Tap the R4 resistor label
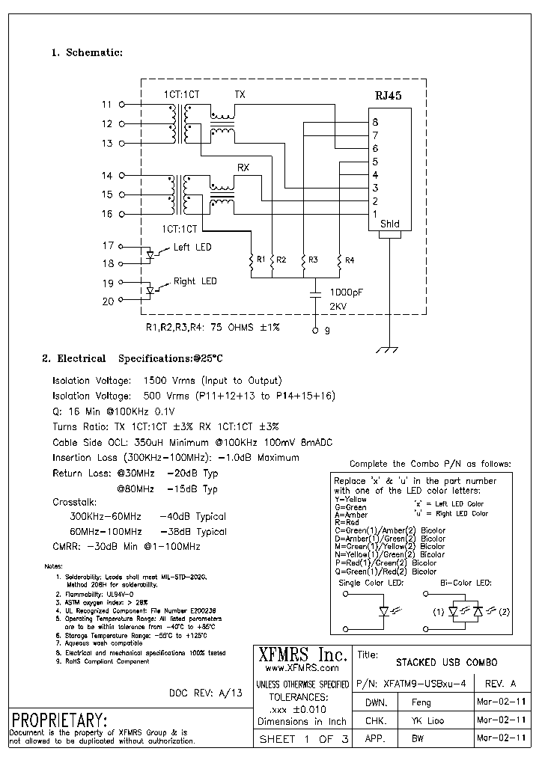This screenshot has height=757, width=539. (350, 260)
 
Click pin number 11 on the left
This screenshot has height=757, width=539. (106, 105)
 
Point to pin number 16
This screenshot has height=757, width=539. (106, 214)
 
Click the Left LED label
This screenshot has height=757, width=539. (192, 247)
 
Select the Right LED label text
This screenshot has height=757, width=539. (195, 281)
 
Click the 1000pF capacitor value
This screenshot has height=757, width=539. (346, 292)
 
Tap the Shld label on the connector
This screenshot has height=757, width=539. (389, 224)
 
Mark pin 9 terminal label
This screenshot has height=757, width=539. (327, 330)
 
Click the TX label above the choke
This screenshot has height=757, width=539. (240, 95)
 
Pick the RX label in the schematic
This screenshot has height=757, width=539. (243, 168)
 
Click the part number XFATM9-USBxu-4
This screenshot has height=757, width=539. (424, 683)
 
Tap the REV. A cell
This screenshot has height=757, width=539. (500, 683)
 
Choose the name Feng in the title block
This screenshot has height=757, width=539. (421, 702)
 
